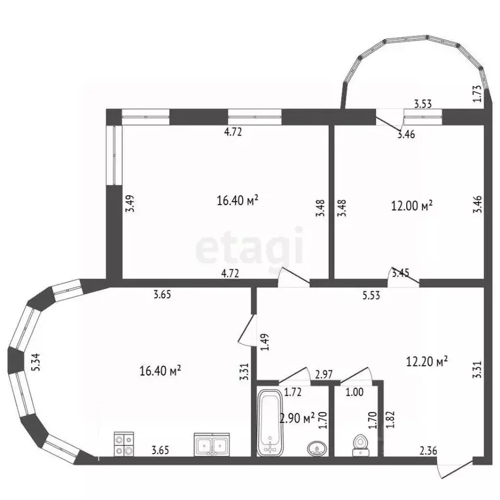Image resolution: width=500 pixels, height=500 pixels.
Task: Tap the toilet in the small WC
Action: coord(361,445)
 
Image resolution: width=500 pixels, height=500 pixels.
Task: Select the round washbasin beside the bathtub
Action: coord(317,448)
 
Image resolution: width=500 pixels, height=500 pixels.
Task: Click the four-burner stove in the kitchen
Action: coord(124,444)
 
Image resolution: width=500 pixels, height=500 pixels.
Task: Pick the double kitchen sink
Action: coord(212,444)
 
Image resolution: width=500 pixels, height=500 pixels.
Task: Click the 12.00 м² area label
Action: coord(411,206)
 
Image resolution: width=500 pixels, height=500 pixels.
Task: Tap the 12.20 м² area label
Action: coord(426,361)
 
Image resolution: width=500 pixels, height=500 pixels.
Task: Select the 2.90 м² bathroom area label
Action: coord(297,418)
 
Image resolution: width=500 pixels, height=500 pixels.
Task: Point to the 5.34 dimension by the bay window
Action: coord(36,362)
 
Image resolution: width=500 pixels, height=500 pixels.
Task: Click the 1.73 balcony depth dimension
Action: coord(477,94)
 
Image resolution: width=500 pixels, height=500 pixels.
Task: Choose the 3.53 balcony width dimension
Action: coord(423,104)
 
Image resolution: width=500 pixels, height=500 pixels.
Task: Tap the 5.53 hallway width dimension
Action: coord(371,296)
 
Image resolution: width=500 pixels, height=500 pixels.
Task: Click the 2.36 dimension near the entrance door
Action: coord(428,451)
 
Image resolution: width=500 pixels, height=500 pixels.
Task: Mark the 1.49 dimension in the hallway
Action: coord(265,342)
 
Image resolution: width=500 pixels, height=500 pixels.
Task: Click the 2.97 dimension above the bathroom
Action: coord(324,374)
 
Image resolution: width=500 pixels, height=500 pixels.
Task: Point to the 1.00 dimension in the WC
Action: coord(355,392)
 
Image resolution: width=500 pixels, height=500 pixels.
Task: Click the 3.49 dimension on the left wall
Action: coord(130,203)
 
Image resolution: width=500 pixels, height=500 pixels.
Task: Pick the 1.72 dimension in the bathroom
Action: coord(293,392)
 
